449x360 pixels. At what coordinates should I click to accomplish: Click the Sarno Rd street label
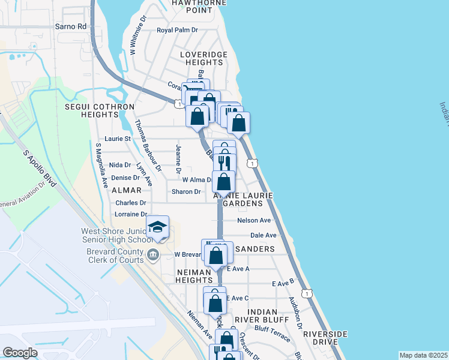pyautogui.click(x=71, y=26)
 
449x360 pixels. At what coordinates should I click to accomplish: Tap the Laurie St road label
pyautogui.click(x=118, y=139)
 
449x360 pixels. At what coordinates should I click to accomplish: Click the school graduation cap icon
pyautogui.click(x=157, y=227)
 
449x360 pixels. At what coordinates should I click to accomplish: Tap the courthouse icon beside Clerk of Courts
pyautogui.click(x=154, y=254)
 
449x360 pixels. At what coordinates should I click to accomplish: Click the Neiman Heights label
pyautogui.click(x=194, y=276)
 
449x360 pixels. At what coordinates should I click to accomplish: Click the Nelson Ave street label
pyautogui.click(x=254, y=220)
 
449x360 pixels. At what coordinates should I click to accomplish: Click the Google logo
pyautogui.click(x=20, y=353)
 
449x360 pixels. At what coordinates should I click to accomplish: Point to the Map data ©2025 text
pyautogui.click(x=423, y=355)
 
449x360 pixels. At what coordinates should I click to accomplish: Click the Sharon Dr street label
pyautogui.click(x=185, y=192)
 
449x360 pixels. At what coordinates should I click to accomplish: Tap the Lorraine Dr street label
pyautogui.click(x=131, y=214)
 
